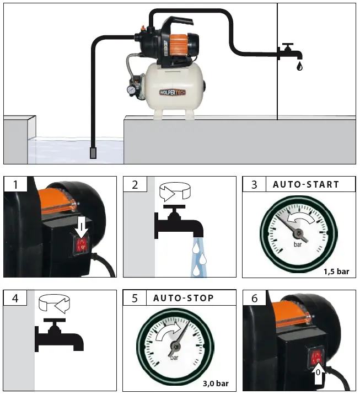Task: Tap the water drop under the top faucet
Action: coord(299,66)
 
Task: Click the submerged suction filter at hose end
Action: coord(93,152)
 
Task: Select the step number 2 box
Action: coord(135,184)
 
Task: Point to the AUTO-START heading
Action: coord(306,184)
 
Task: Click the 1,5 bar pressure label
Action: coord(337,270)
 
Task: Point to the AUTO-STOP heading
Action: coord(183,299)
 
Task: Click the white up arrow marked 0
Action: coord(318,377)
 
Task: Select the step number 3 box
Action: coord(254,184)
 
